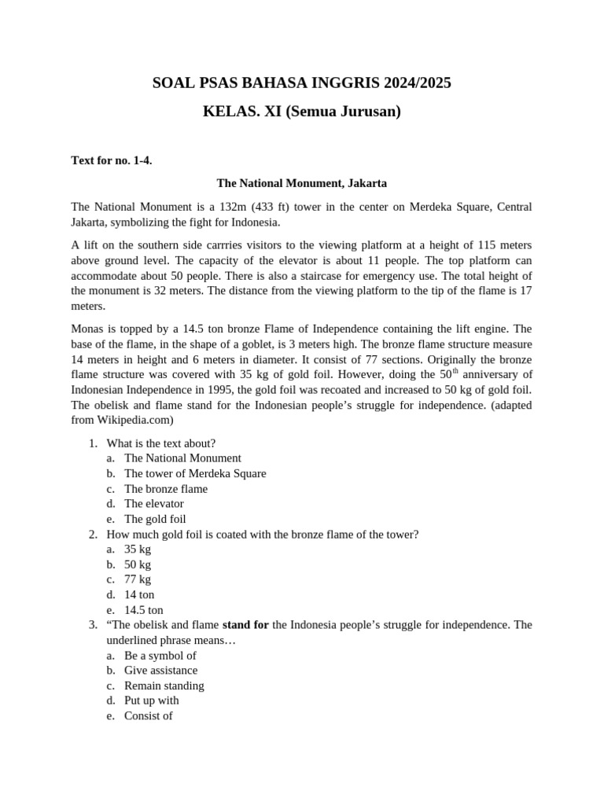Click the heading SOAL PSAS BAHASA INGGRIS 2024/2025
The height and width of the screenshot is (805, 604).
[x=302, y=83]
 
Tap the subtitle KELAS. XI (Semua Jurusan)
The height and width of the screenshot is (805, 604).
[x=302, y=112]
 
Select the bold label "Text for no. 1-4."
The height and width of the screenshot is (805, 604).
[x=112, y=160]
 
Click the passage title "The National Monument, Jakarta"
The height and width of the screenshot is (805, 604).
[x=302, y=183]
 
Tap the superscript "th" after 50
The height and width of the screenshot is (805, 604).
[x=456, y=369]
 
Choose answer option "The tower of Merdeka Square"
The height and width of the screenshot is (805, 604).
[x=195, y=473]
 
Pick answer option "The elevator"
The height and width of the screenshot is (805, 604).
[x=153, y=503]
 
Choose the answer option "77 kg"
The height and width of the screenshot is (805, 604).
[x=138, y=579]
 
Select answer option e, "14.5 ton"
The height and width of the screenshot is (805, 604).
[x=144, y=610]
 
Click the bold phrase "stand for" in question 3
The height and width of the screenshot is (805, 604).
[x=245, y=625]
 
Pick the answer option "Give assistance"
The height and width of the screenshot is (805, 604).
[x=160, y=671]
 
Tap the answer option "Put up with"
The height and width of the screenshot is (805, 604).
[x=151, y=700]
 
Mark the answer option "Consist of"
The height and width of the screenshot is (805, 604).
[x=148, y=715]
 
